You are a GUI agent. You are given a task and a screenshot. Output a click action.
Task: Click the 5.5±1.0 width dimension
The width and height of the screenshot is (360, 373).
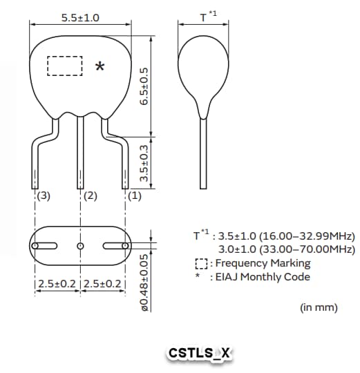80,17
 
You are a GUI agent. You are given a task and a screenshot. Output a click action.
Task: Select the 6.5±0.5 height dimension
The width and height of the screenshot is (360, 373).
144,86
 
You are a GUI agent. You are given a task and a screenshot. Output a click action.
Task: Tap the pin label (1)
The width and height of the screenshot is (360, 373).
135,196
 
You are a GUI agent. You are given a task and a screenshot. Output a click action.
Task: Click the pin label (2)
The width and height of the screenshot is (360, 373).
90,196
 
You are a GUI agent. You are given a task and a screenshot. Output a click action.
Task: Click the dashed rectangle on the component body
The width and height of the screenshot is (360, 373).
64,66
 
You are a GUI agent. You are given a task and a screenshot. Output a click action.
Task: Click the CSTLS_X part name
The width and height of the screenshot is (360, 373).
200,354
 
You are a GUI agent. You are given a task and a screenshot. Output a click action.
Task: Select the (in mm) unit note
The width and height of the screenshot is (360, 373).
319,307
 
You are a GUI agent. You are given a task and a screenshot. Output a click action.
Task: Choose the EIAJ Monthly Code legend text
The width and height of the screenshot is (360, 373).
263,277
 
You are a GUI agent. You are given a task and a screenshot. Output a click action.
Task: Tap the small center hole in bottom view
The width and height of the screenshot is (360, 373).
80,246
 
